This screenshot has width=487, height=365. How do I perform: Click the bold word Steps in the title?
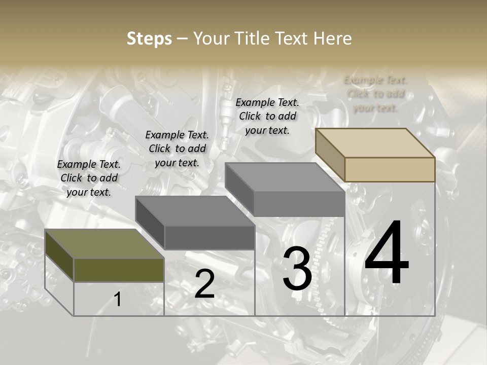tap(149, 39)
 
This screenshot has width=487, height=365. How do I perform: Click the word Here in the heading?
tap(333, 39)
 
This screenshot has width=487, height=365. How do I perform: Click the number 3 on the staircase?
tap(297, 269)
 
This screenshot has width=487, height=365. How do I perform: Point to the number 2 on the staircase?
tap(204, 284)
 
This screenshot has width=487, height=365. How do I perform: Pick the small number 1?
tap(118, 300)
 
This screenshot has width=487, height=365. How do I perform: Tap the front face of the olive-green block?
tap(119, 270)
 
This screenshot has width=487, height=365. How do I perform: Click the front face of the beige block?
tap(390, 169)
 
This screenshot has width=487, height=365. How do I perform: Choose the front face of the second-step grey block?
tap(210, 237)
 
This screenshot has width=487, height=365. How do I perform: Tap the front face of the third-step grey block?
tap(299, 204)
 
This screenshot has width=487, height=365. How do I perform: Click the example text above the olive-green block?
tap(89, 178)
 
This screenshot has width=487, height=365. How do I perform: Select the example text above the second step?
tap(177, 149)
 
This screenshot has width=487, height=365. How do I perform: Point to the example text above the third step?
tap(267, 116)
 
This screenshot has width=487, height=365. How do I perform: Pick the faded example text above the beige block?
tap(375, 94)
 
